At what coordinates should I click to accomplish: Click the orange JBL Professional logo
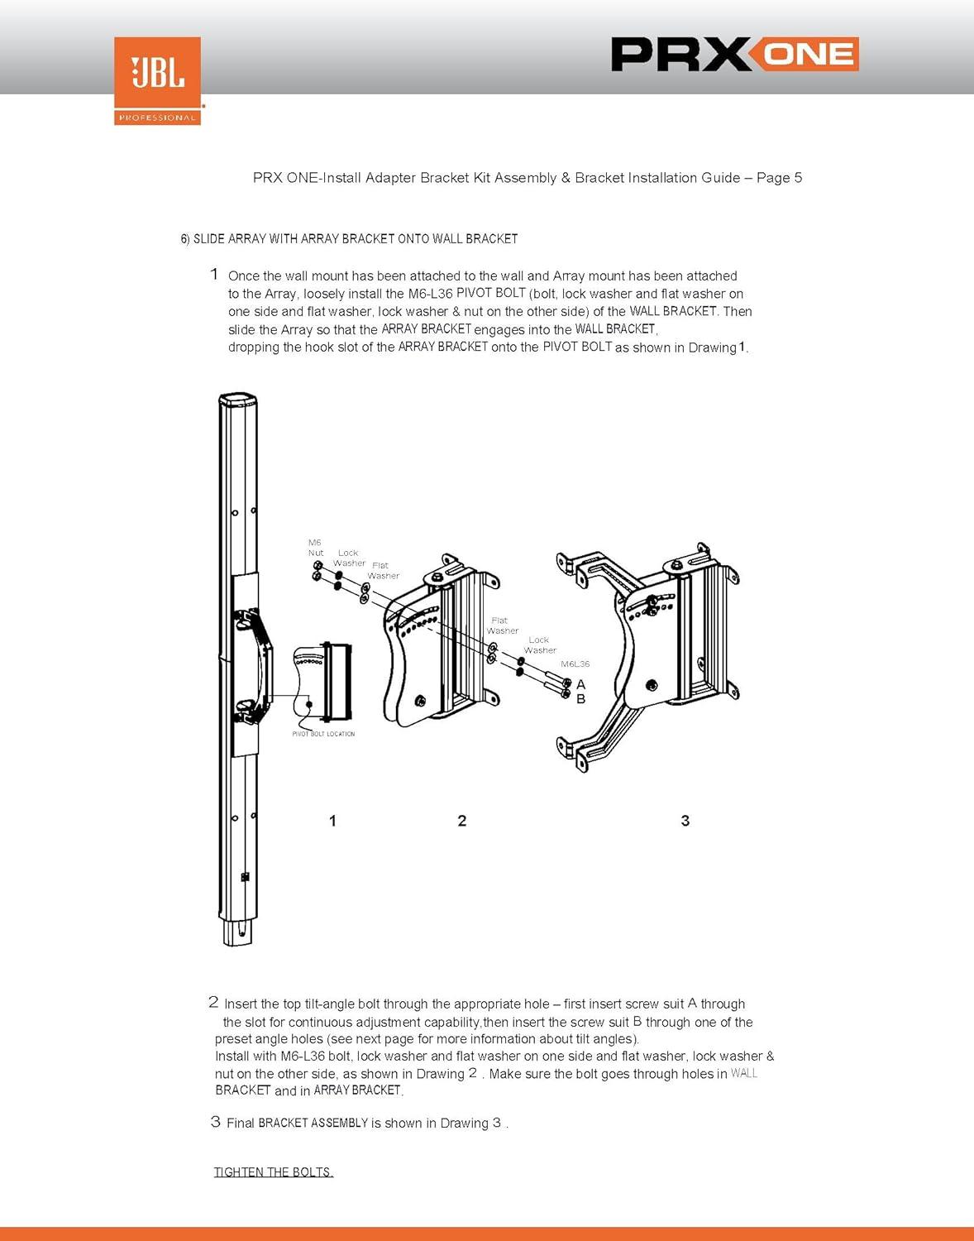157,80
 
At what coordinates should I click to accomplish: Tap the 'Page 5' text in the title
779,178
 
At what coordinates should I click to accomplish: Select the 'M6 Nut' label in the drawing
315,548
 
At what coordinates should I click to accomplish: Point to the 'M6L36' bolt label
575,664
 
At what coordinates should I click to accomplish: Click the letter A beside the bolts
581,685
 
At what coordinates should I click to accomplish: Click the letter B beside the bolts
581,700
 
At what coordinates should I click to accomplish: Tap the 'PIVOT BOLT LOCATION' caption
323,734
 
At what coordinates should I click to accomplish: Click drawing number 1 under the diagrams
332,821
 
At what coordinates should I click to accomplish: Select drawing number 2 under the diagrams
462,821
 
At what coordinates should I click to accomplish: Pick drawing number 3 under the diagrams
685,821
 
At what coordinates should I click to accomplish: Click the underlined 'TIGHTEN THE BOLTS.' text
274,1172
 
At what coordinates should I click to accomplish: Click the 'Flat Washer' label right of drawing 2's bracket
502,625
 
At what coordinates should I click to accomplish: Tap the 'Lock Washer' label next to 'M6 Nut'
349,558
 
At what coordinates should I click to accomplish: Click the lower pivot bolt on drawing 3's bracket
652,685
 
